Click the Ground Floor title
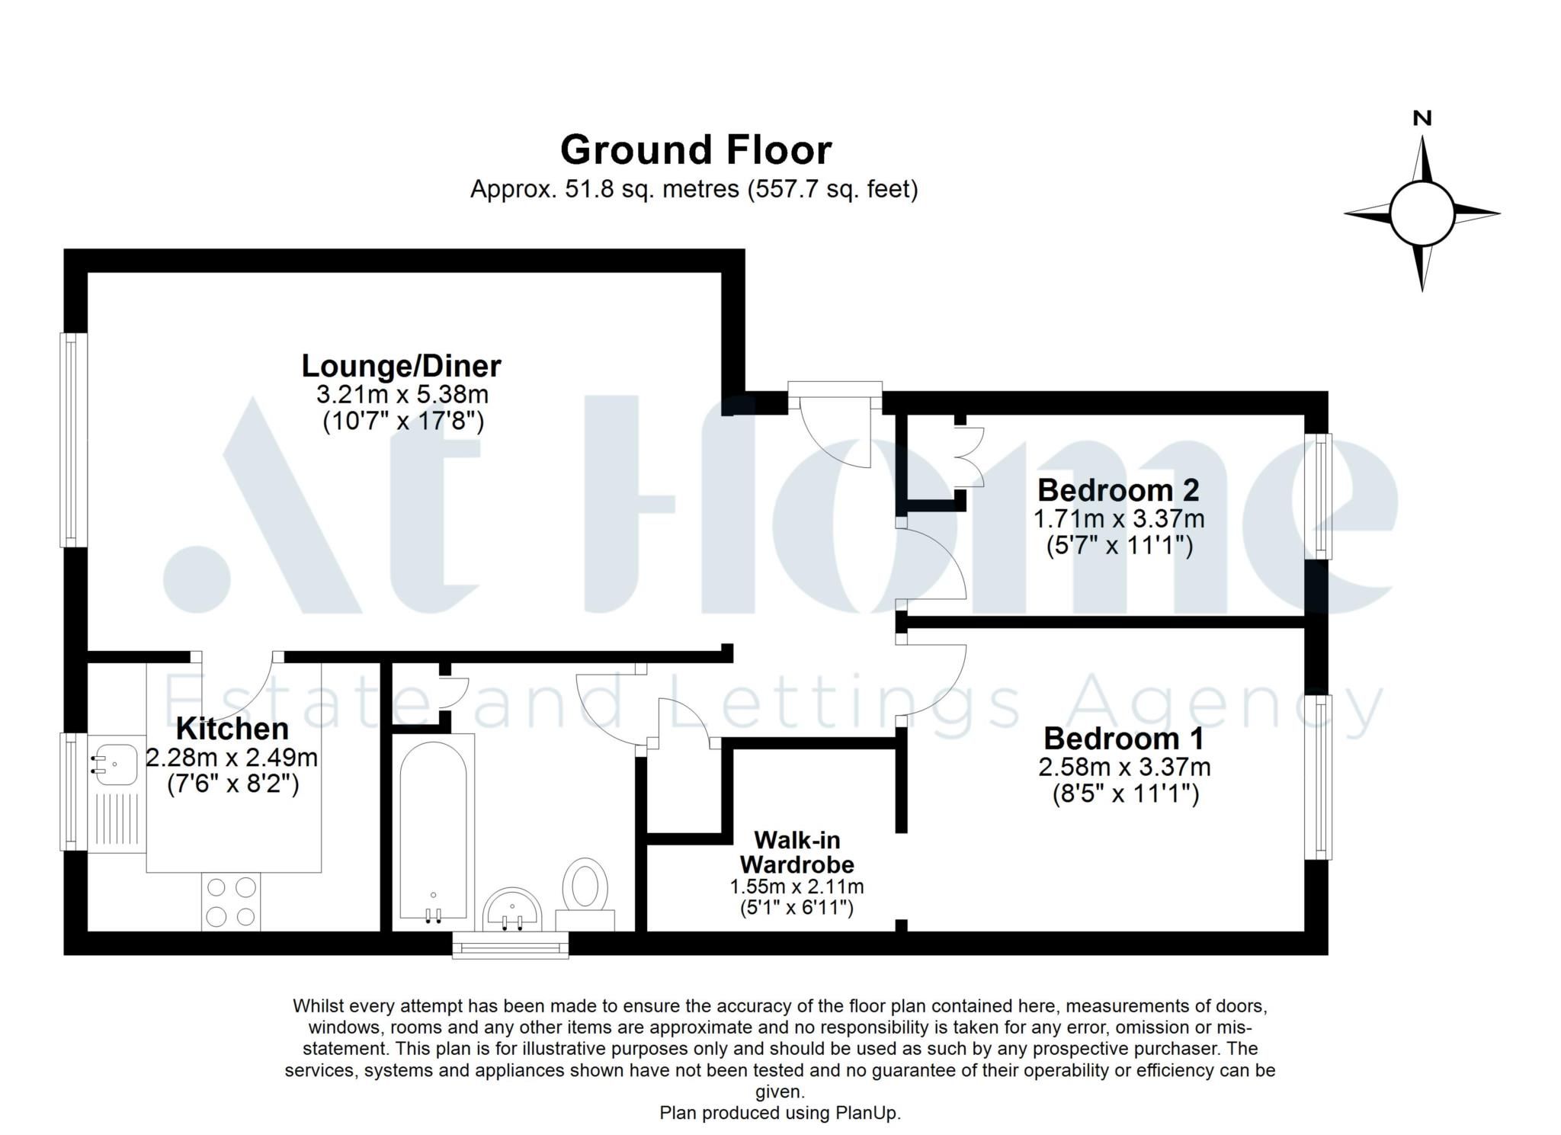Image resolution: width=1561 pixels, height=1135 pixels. coord(695,150)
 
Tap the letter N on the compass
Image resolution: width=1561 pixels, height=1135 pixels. coord(1422,118)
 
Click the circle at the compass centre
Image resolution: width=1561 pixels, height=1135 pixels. coord(1422,214)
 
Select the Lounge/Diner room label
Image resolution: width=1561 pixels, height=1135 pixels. coord(401,366)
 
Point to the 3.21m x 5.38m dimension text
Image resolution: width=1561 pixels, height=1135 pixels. coord(402,395)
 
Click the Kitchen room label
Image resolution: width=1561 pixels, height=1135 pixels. coord(232,729)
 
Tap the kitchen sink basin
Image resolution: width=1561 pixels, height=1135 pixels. coord(114,761)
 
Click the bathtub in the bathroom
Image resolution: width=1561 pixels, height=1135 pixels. coord(433,831)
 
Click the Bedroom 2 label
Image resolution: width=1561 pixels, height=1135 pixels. coord(1118,489)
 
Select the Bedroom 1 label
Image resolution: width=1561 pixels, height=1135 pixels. coord(1123,738)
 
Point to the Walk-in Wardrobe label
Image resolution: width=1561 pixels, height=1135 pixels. coord(797,852)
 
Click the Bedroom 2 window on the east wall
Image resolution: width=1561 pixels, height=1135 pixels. coord(1318,495)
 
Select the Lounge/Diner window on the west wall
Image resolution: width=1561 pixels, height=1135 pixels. coord(74,440)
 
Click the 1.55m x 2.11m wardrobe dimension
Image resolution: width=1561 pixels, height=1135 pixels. coord(797,887)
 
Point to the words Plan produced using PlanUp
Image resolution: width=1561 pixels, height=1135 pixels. coord(780,1113)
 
